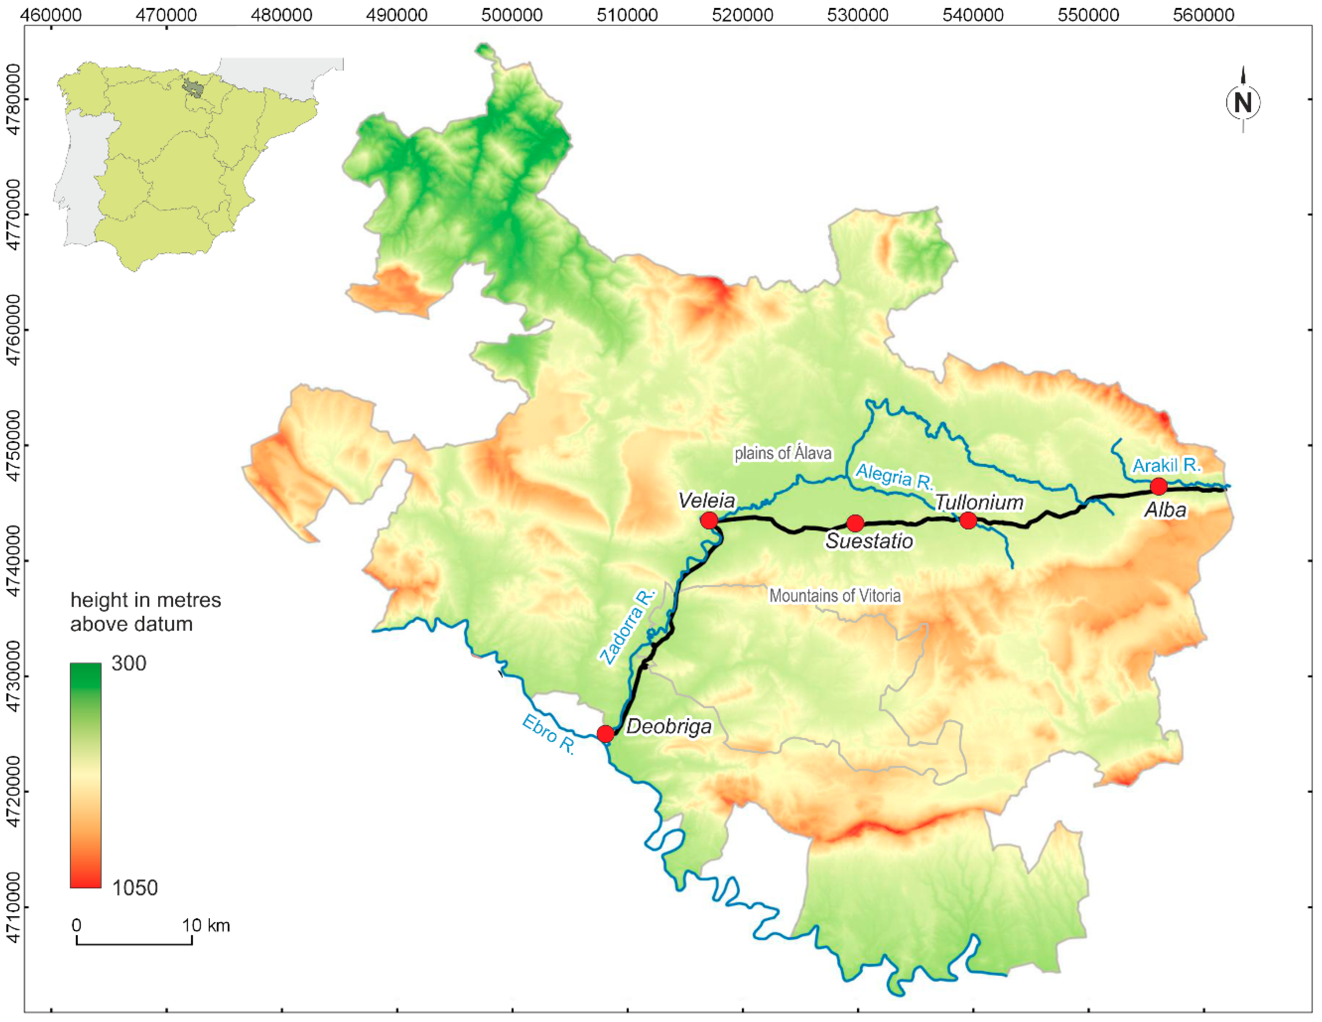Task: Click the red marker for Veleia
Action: point(709,520)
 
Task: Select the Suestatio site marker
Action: point(855,523)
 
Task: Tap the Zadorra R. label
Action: point(628,626)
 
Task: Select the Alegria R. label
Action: point(894,476)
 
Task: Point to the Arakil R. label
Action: point(1166,465)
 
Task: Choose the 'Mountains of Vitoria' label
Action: point(835,596)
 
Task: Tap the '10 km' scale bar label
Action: point(206,925)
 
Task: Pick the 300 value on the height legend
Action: point(129,663)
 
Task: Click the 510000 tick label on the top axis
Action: point(627,15)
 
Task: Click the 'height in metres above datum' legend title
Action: point(145,612)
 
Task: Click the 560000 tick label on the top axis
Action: point(1203,15)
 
